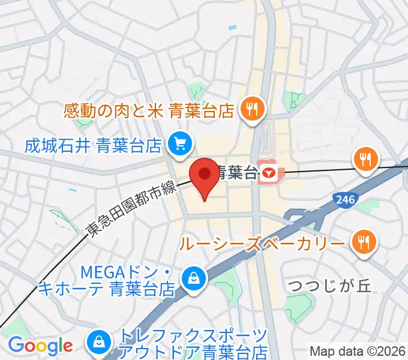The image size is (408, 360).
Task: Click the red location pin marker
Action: [x=205, y=175]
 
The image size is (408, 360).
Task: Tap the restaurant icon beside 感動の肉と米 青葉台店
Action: [x=250, y=109]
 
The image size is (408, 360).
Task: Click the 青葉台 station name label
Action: [x=236, y=173]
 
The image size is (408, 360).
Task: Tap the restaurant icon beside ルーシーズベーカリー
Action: [x=364, y=242]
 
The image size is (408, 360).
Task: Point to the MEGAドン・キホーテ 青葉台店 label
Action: [x=108, y=280]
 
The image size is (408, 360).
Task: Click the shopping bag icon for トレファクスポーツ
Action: [x=98, y=343]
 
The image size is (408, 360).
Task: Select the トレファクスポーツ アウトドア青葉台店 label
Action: [x=192, y=343]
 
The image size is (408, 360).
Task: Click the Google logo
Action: [x=40, y=346]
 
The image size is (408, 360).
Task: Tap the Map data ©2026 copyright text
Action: [x=358, y=352]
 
